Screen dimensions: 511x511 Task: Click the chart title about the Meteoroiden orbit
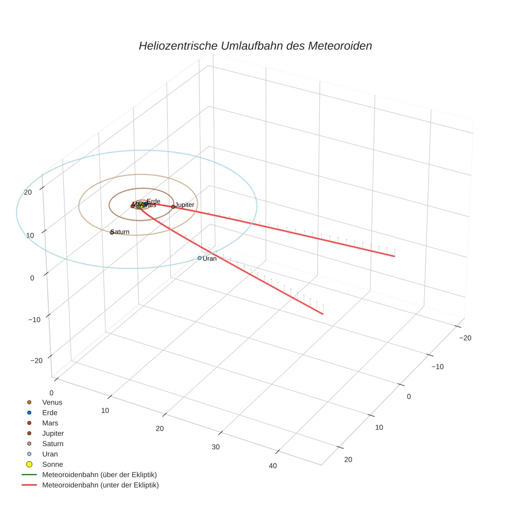(255, 46)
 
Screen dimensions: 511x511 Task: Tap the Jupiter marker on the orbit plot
(173, 207)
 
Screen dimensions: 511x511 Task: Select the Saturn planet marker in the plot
(112, 232)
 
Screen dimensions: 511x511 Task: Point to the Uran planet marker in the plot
(199, 258)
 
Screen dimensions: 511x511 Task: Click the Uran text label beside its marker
(210, 259)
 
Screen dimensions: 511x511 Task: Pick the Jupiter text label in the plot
(185, 205)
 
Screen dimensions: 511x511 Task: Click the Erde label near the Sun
(154, 201)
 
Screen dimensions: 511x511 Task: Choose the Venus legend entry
(52, 402)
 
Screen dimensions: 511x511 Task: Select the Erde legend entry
(50, 413)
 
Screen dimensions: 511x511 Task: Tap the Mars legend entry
(50, 423)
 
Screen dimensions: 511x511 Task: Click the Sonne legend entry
(52, 464)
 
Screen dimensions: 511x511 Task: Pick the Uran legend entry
(50, 454)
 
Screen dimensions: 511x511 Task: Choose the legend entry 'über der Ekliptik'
(99, 475)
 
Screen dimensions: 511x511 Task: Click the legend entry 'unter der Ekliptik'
(100, 485)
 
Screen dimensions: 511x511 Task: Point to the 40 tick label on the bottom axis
(273, 466)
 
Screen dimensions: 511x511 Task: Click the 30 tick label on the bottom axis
(216, 447)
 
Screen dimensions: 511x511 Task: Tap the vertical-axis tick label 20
(29, 192)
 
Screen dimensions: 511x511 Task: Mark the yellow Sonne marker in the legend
(29, 464)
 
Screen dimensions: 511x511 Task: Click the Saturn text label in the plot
(120, 232)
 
